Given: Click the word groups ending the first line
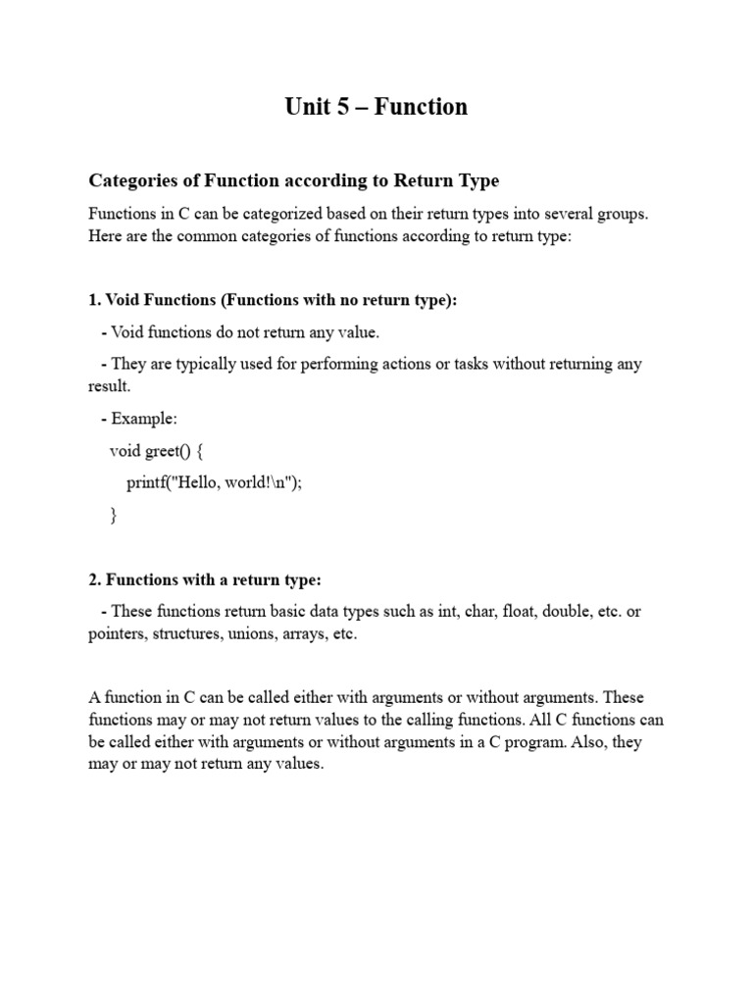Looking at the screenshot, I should click(622, 214).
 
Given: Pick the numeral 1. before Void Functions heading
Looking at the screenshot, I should click(94, 301).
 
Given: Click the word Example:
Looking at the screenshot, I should click(144, 419).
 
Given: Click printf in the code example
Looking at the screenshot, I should click(147, 483).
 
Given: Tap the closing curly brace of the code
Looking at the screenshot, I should click(113, 516).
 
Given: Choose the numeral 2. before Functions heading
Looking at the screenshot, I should click(94, 580).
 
